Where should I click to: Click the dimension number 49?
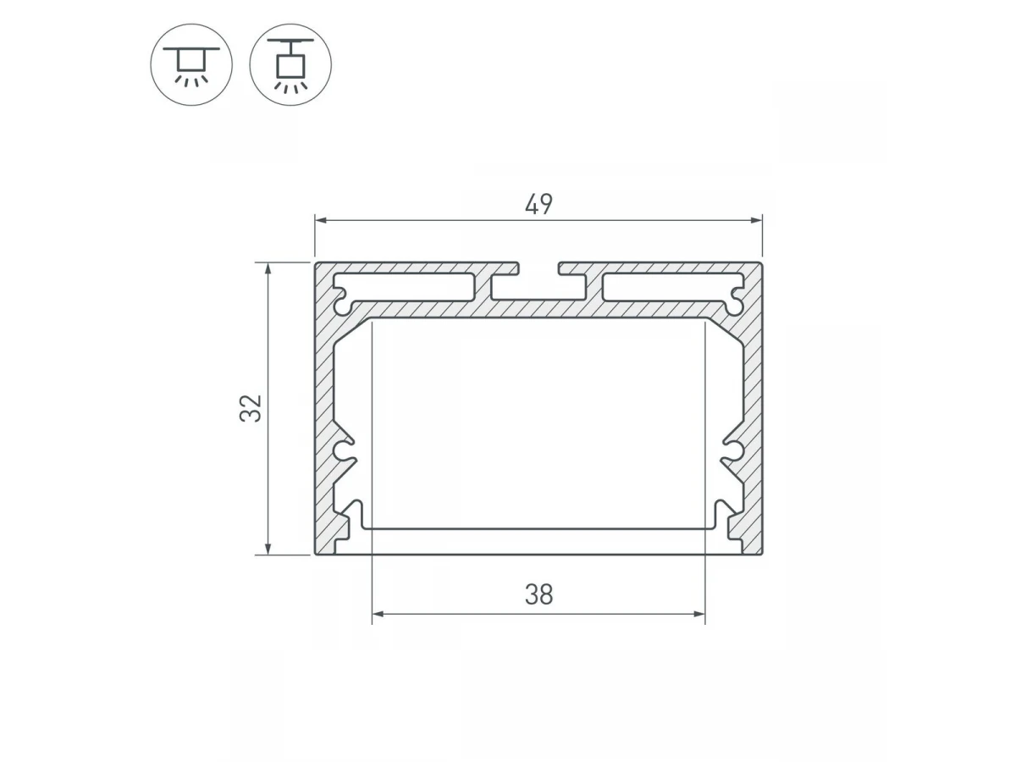(538, 204)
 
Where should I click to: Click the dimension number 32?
(251, 409)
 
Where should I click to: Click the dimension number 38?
(538, 595)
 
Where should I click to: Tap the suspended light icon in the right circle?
(290, 65)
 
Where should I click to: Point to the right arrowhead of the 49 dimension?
(755, 220)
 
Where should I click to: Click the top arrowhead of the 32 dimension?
(268, 269)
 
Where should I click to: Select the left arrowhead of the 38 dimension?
(379, 614)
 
